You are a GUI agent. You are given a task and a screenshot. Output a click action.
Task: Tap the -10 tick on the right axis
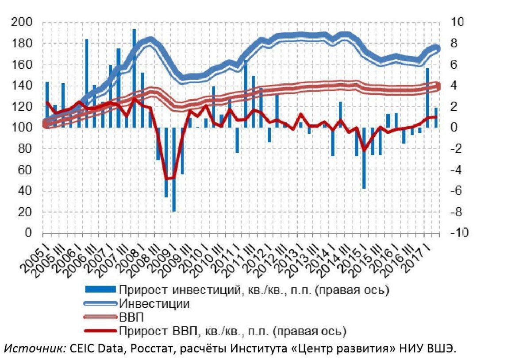click(x=459, y=233)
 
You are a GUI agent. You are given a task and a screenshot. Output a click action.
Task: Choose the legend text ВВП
click(x=131, y=317)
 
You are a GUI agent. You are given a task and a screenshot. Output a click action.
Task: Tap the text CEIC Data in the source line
click(x=93, y=348)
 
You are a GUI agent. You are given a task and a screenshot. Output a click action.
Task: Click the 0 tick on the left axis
click(x=28, y=233)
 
